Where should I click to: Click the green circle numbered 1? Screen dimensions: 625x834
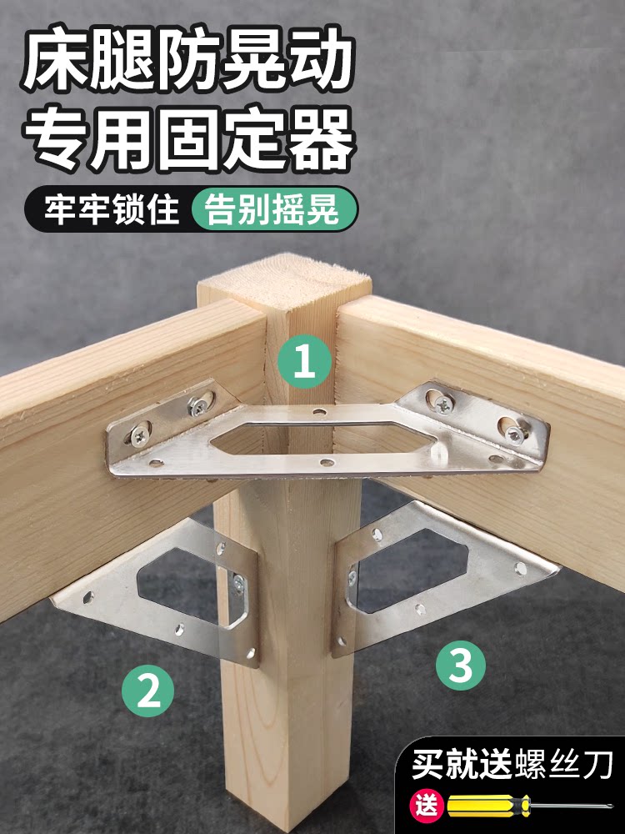pos(304,361)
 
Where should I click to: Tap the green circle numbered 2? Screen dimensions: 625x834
pos(147,691)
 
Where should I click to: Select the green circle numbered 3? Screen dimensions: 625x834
pos(460,665)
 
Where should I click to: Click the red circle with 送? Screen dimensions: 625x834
pos(426,806)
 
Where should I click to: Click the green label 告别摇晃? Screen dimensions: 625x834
pos(272,209)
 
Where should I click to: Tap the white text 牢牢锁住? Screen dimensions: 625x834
pos(110,209)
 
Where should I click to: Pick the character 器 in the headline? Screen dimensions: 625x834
pos(321,139)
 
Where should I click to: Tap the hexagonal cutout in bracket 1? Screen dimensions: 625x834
pos(323,440)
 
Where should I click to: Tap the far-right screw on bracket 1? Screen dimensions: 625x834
pos(514,433)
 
